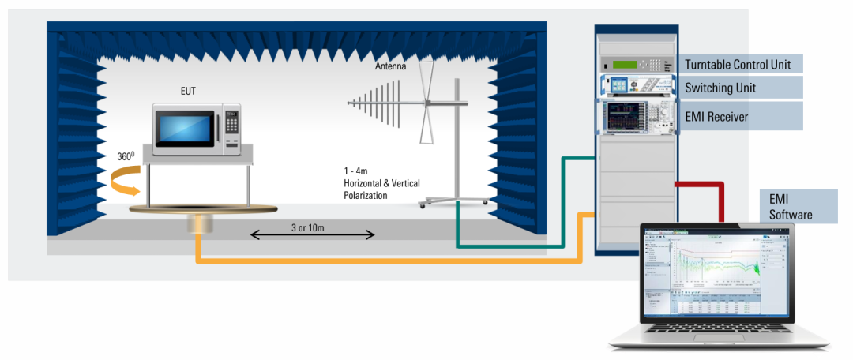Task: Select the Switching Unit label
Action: click(x=720, y=88)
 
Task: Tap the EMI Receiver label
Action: click(x=716, y=117)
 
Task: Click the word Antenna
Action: click(x=390, y=67)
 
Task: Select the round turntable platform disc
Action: click(x=204, y=208)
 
